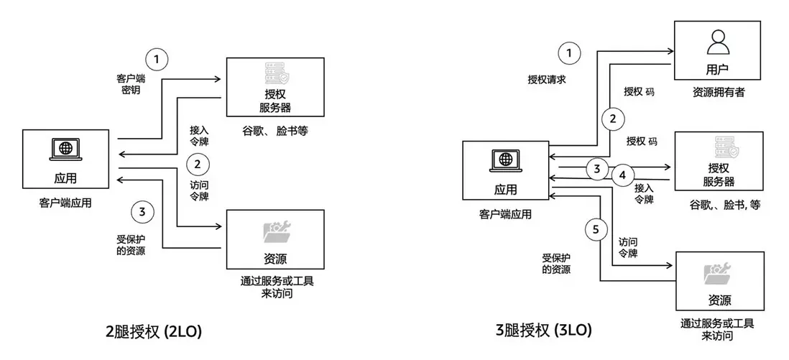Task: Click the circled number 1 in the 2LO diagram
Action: click(x=157, y=59)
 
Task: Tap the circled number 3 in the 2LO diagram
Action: click(x=142, y=212)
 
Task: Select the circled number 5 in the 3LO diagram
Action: click(x=594, y=229)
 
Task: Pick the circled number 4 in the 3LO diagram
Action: click(x=623, y=174)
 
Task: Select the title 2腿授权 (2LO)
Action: click(x=153, y=331)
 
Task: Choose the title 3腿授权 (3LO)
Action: click(x=544, y=331)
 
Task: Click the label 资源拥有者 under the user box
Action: click(x=717, y=92)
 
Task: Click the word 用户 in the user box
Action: click(x=717, y=70)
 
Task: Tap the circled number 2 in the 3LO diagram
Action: click(x=612, y=118)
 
